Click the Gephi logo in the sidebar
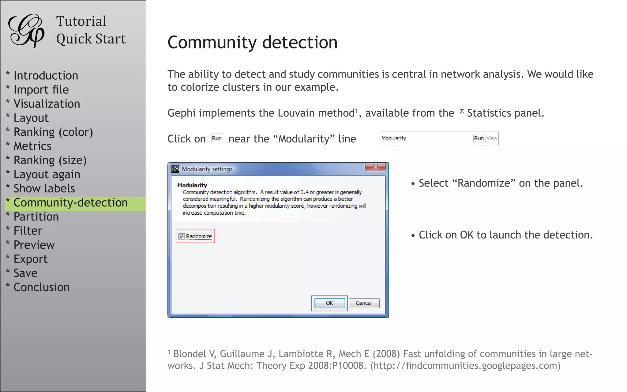(26, 30)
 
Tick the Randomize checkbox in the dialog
(181, 236)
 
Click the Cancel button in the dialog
(364, 303)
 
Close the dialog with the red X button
(375, 167)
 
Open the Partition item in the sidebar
(36, 217)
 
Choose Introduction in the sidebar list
(46, 76)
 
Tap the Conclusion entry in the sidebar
(42, 287)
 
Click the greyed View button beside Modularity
(492, 138)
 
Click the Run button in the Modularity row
(479, 138)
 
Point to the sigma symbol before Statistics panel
(462, 111)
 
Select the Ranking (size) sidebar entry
(50, 160)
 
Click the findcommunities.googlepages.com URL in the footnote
(465, 366)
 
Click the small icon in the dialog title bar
(175, 169)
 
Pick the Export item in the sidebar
(31, 259)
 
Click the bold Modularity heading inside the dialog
(192, 185)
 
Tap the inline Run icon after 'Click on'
(217, 138)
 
